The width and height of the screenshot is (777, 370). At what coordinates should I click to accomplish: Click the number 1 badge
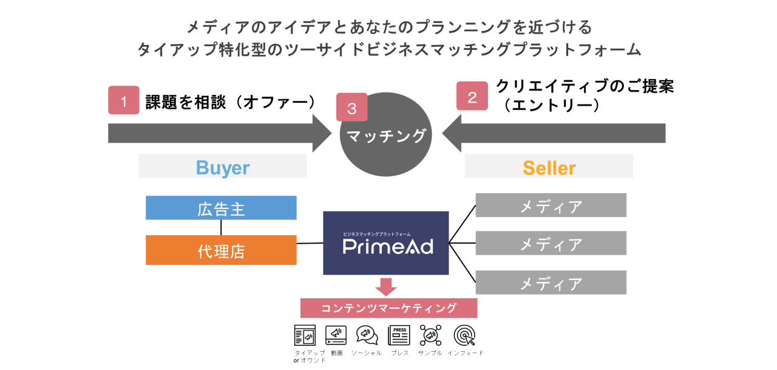pyautogui.click(x=124, y=100)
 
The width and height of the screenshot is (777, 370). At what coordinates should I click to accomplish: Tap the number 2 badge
pyautogui.click(x=472, y=96)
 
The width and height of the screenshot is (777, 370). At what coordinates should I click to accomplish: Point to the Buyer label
pyautogui.click(x=222, y=167)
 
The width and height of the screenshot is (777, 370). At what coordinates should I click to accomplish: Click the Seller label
pyautogui.click(x=549, y=167)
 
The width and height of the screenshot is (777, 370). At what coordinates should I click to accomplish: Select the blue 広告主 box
pyautogui.click(x=221, y=208)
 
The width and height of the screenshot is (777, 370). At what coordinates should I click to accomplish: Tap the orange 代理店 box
pyautogui.click(x=221, y=250)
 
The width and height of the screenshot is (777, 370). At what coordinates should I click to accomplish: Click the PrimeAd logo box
pyautogui.click(x=385, y=243)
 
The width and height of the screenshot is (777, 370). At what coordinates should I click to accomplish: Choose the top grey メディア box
pyautogui.click(x=551, y=205)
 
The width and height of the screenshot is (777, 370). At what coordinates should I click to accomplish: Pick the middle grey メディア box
pyautogui.click(x=551, y=244)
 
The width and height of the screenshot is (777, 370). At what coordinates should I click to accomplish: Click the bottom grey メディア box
pyautogui.click(x=551, y=283)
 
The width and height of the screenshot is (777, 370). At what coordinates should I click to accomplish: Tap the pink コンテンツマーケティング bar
pyautogui.click(x=388, y=308)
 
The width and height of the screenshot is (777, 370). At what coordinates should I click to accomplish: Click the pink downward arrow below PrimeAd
pyautogui.click(x=385, y=286)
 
